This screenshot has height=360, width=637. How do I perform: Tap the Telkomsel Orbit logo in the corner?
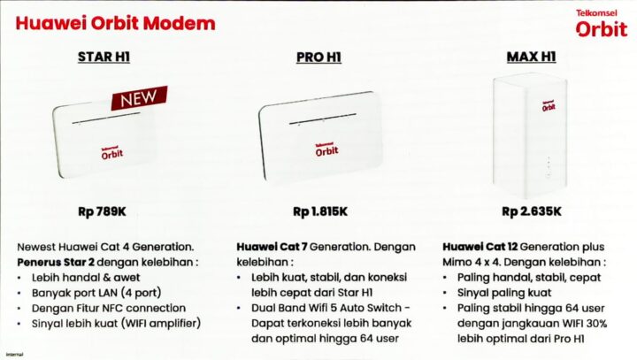point(600,24)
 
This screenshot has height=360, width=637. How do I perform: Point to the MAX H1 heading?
point(532,58)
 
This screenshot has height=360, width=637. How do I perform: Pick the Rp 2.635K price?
point(532,211)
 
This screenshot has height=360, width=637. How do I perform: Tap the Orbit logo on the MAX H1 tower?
point(549,104)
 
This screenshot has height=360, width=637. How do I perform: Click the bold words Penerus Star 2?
point(57,263)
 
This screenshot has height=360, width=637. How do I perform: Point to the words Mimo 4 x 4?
point(475,263)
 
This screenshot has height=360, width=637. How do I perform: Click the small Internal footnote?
point(12,354)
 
